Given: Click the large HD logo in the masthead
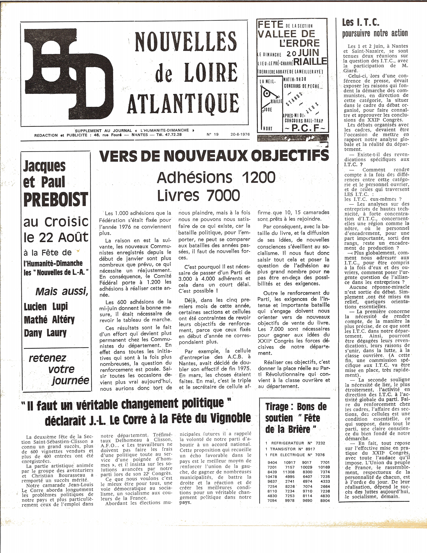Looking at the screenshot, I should [x=68, y=73].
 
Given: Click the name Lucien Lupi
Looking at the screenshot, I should [x=46, y=307].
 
